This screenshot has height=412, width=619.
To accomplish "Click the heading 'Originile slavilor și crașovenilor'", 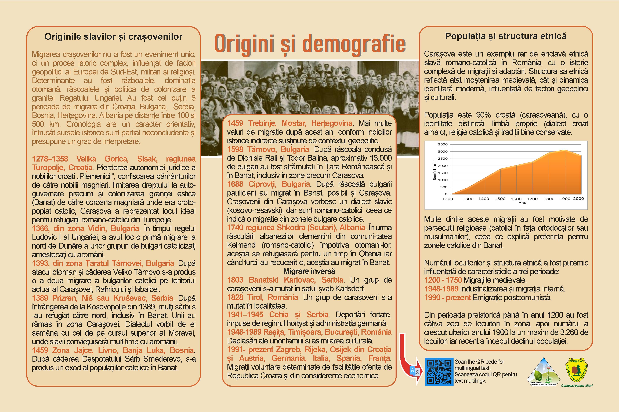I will click(113, 36).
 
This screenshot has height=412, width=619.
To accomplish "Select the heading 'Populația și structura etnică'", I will click(506, 36).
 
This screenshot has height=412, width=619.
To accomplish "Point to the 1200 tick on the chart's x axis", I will click(447, 199).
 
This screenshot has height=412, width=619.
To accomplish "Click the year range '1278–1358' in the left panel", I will click(50, 159).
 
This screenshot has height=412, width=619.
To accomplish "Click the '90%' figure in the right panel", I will click(483, 115).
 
